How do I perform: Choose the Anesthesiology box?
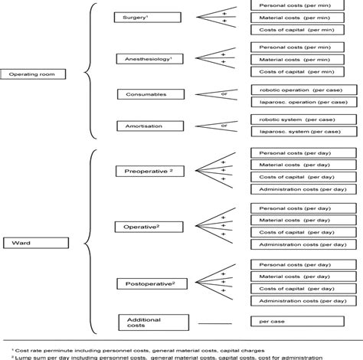(143, 58)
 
